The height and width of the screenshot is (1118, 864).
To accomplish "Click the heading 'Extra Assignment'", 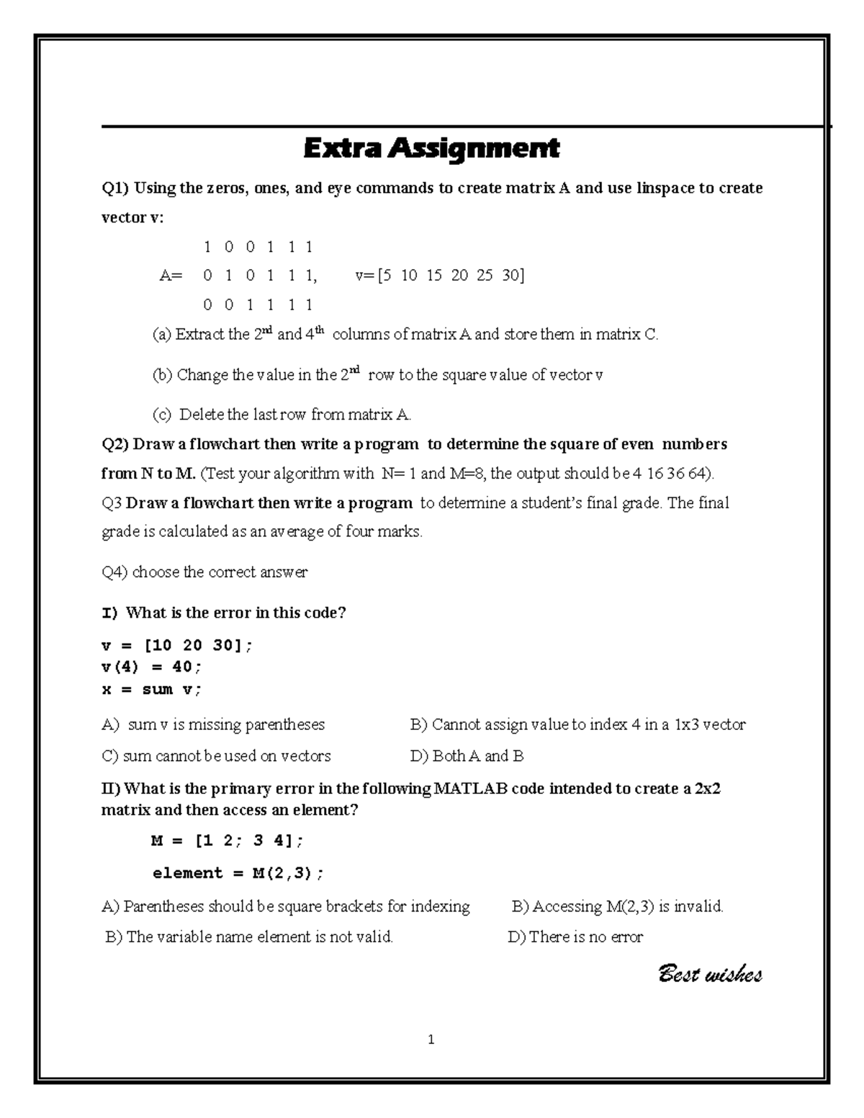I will (x=431, y=149).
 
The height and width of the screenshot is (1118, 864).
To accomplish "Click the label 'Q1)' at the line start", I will (x=114, y=189).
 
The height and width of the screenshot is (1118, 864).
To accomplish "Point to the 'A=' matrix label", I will (x=171, y=276).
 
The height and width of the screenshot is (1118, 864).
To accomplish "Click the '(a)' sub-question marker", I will (x=161, y=335).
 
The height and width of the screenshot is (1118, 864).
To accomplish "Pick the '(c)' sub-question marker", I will (x=161, y=415).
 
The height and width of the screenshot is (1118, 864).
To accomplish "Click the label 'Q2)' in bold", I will (x=115, y=444).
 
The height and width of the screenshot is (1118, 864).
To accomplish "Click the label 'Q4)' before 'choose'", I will (x=114, y=572).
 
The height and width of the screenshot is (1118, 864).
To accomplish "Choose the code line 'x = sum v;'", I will (x=152, y=690).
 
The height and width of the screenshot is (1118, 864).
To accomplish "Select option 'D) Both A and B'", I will (x=467, y=756).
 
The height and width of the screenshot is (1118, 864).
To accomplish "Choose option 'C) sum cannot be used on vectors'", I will (x=216, y=756).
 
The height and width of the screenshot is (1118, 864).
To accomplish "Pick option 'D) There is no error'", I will (x=575, y=937).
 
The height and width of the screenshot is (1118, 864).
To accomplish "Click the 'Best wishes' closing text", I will (x=710, y=975).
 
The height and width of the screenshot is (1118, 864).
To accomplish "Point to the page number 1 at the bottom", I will (x=431, y=1040).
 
